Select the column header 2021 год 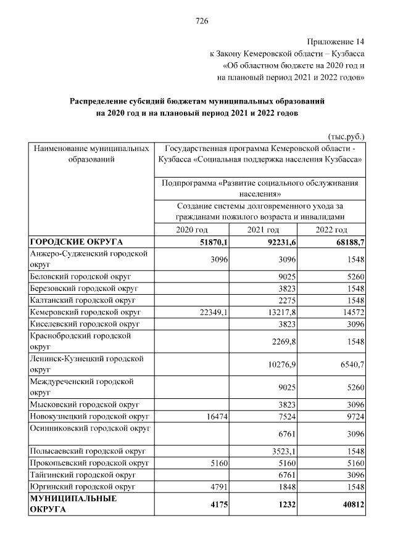[264, 229]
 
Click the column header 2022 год [332, 229]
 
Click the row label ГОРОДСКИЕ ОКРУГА [77, 242]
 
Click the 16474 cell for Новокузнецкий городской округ [218, 417]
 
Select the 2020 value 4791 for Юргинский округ [220, 487]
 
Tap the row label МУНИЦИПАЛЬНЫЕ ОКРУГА [73, 504]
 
